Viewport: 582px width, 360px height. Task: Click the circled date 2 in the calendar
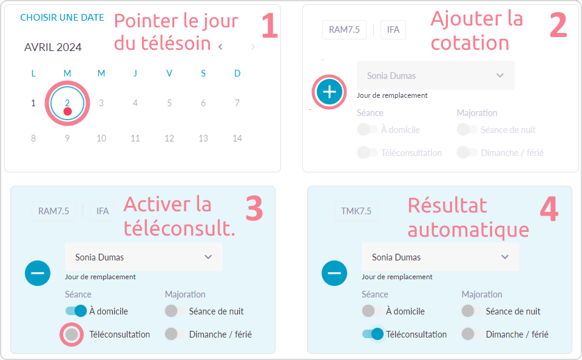click(x=67, y=103)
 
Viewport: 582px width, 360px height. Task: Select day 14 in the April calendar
click(x=237, y=138)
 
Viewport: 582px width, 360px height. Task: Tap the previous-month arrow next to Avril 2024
click(x=220, y=47)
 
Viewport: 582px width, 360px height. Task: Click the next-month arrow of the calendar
click(x=253, y=47)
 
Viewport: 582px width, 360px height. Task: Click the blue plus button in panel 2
click(x=329, y=92)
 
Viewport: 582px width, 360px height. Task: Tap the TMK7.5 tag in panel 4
click(x=356, y=211)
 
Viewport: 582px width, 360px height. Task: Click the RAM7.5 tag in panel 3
click(x=53, y=211)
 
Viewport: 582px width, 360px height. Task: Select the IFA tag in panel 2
click(x=393, y=30)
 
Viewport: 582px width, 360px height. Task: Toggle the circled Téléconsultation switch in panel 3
click(x=71, y=335)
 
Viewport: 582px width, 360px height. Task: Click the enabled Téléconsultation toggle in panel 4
click(x=373, y=334)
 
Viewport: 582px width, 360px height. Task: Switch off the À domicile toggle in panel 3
click(x=76, y=311)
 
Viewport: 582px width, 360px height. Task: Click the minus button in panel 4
click(x=334, y=273)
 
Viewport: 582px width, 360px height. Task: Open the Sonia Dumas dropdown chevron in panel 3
click(x=208, y=257)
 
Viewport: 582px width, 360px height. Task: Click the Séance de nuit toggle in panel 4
click(x=472, y=311)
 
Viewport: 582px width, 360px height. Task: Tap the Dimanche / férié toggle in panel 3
click(x=175, y=334)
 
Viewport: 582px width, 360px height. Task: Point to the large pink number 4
click(x=549, y=209)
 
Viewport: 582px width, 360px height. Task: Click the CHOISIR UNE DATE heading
click(x=62, y=18)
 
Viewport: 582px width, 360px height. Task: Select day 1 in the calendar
click(x=33, y=103)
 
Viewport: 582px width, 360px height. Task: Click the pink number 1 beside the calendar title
click(x=270, y=25)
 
